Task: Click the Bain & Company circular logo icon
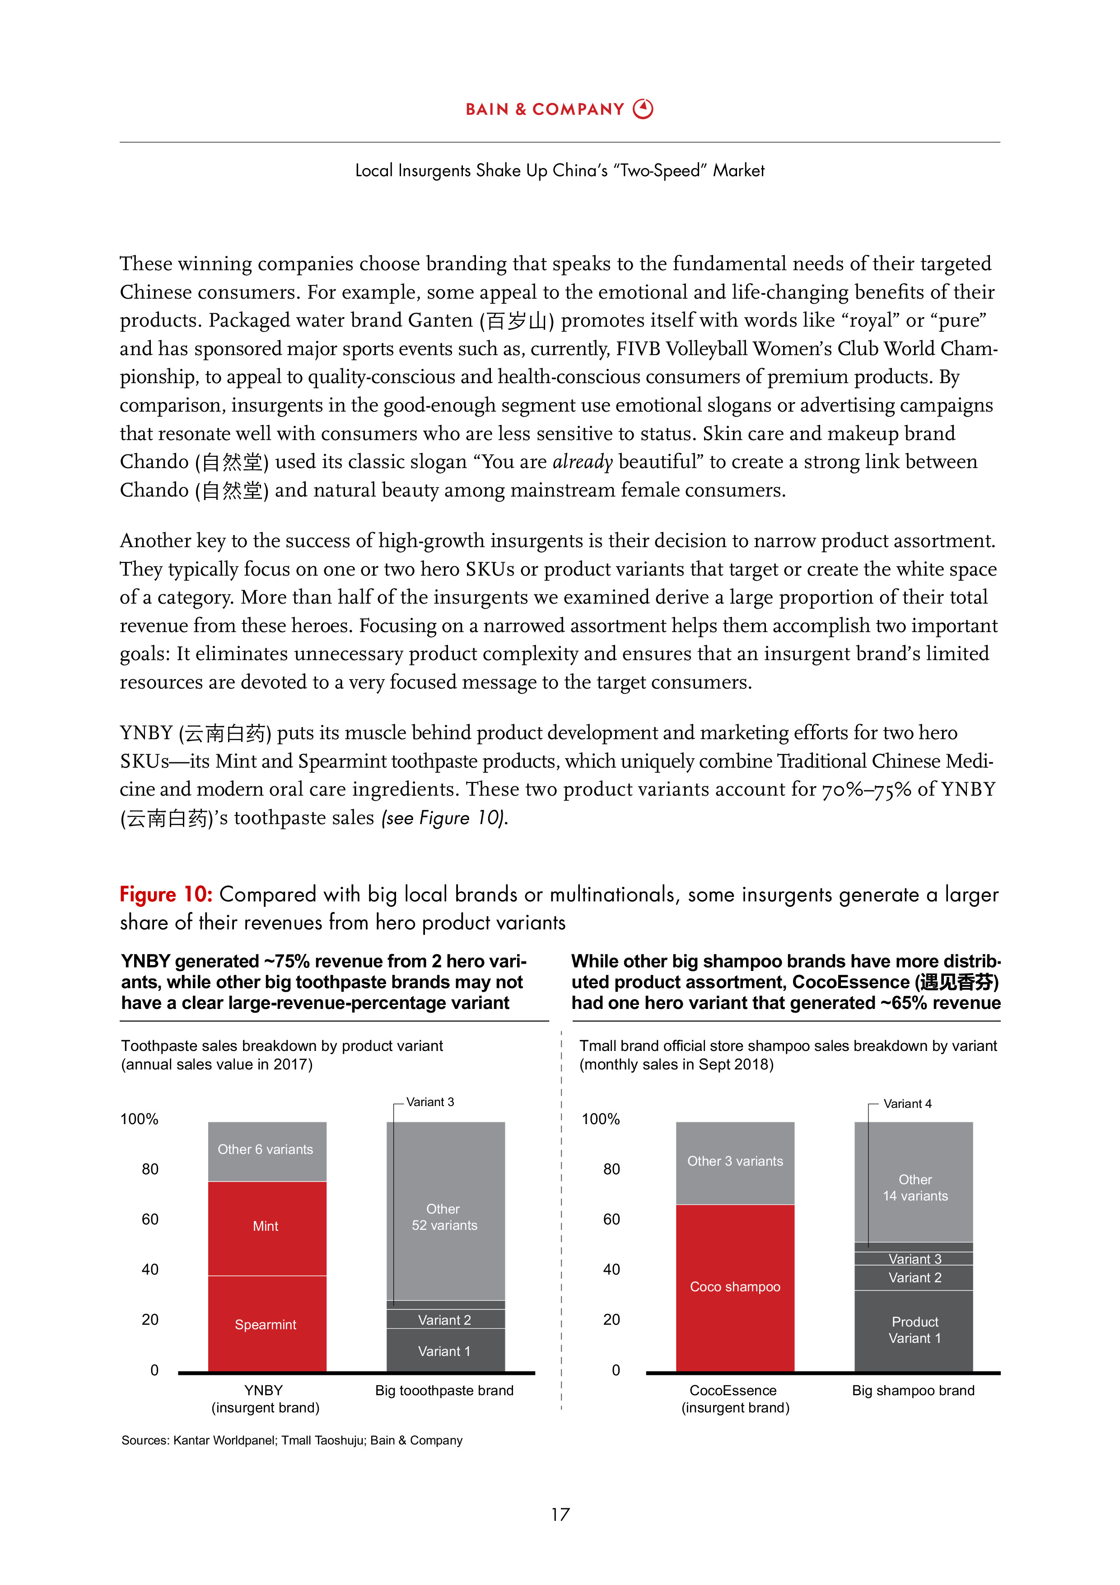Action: [x=643, y=109]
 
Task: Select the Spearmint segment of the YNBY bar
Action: [x=266, y=1324]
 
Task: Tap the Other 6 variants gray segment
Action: [x=266, y=1150]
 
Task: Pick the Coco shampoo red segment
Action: [x=735, y=1287]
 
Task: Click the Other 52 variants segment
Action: [x=445, y=1216]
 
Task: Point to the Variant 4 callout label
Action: [x=907, y=1104]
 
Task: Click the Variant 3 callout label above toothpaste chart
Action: [x=430, y=1102]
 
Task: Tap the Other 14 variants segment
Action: [x=915, y=1187]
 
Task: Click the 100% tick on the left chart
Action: [x=140, y=1119]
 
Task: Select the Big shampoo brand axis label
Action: [x=913, y=1390]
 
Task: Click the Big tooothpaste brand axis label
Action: [x=444, y=1390]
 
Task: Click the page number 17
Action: [x=560, y=1515]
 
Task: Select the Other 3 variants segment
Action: [x=735, y=1161]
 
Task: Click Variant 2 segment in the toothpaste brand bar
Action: [x=445, y=1320]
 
